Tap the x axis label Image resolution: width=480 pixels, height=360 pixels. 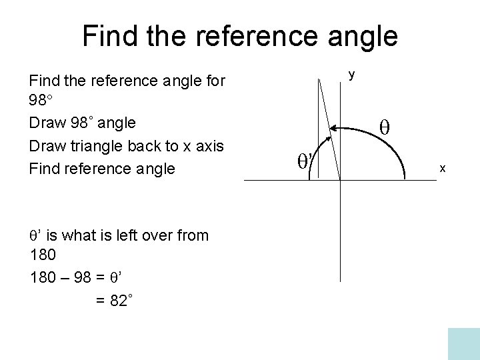442,169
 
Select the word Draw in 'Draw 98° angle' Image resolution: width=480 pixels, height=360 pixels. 45,123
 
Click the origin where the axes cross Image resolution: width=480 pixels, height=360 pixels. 340,179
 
